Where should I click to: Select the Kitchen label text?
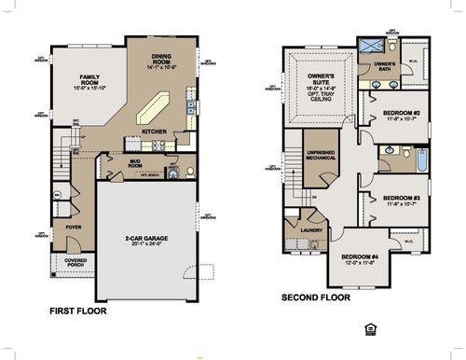(155, 132)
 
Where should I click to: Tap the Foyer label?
(73, 225)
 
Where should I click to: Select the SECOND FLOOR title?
(316, 298)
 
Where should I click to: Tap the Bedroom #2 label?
(402, 115)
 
